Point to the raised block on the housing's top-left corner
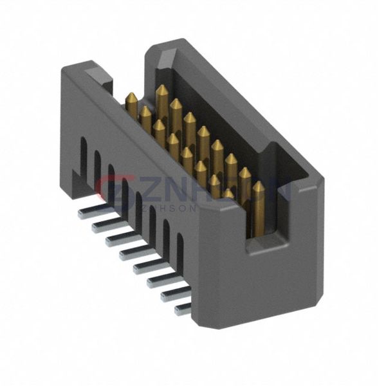pos(96,72)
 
